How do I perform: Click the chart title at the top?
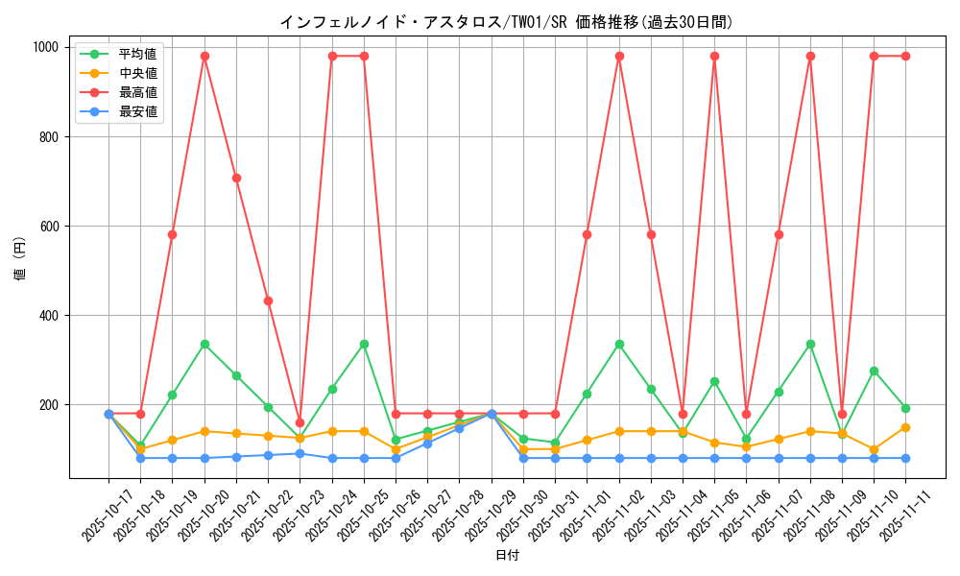point(506,22)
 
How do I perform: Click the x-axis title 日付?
point(507,556)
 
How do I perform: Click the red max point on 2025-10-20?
point(204,56)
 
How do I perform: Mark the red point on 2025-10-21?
point(236,178)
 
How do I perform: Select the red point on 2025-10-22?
point(268,300)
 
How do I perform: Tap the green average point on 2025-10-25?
point(364,344)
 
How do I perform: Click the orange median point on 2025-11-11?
point(905,427)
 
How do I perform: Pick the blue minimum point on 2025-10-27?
point(427,444)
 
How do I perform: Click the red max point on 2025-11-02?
point(619,56)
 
